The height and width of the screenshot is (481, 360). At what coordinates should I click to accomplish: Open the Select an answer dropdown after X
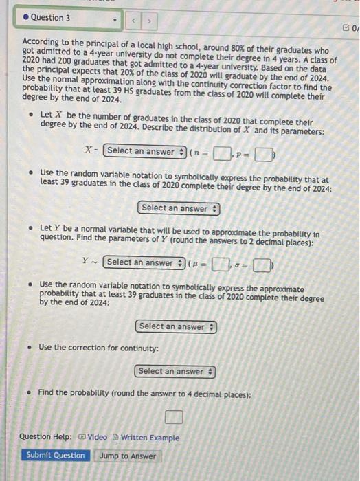pos(145,151)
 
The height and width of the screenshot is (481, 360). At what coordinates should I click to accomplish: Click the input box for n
pos(221,152)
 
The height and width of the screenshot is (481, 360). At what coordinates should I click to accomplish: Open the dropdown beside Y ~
pos(144,262)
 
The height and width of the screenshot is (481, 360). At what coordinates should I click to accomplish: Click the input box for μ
pos(218,262)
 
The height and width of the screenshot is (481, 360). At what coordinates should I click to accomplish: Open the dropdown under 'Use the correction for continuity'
pos(175,372)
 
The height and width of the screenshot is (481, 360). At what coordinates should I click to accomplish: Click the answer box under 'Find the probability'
pos(175,416)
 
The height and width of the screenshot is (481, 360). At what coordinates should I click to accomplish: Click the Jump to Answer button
pos(127,456)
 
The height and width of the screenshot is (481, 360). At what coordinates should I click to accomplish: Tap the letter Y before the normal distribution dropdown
pos(85,262)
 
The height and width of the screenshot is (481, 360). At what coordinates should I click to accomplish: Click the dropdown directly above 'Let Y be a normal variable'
pos(179,208)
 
